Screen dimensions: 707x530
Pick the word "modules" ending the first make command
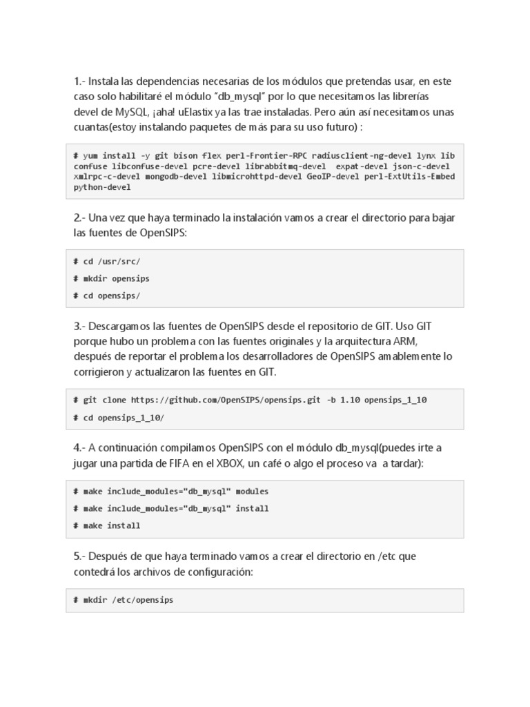pyautogui.click(x=252, y=492)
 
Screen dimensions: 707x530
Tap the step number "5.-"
pyautogui.click(x=79, y=556)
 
